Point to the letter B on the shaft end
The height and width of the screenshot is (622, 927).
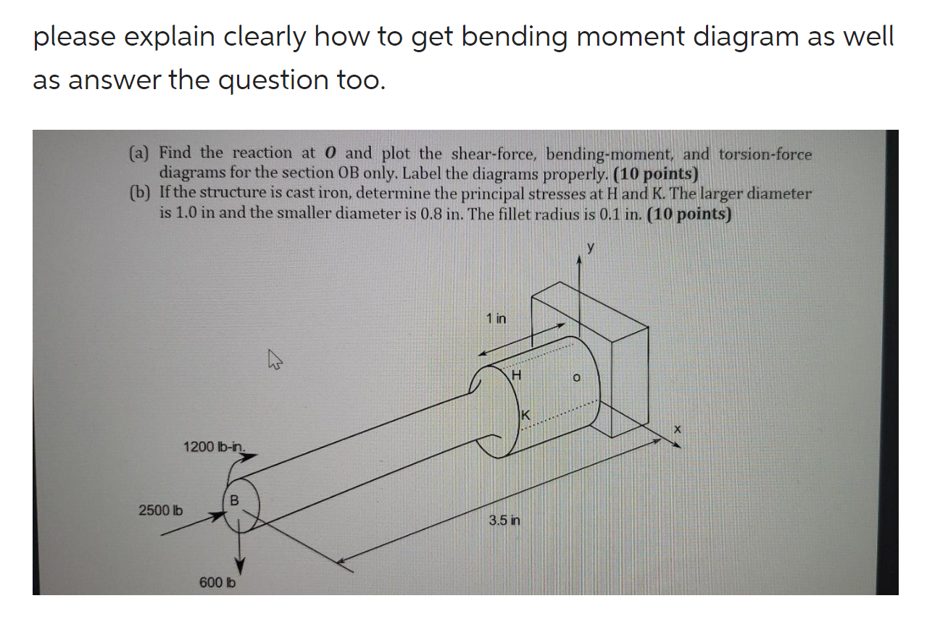click(x=234, y=499)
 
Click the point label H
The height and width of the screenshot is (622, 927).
click(x=517, y=375)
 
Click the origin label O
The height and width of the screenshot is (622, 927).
click(x=577, y=378)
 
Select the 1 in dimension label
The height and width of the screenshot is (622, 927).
click(x=496, y=318)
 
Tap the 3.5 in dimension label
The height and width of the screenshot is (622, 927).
click(x=504, y=521)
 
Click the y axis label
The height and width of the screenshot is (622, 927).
click(x=591, y=248)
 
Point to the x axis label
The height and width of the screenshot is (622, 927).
click(x=677, y=429)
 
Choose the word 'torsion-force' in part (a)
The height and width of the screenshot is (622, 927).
click(x=765, y=154)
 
